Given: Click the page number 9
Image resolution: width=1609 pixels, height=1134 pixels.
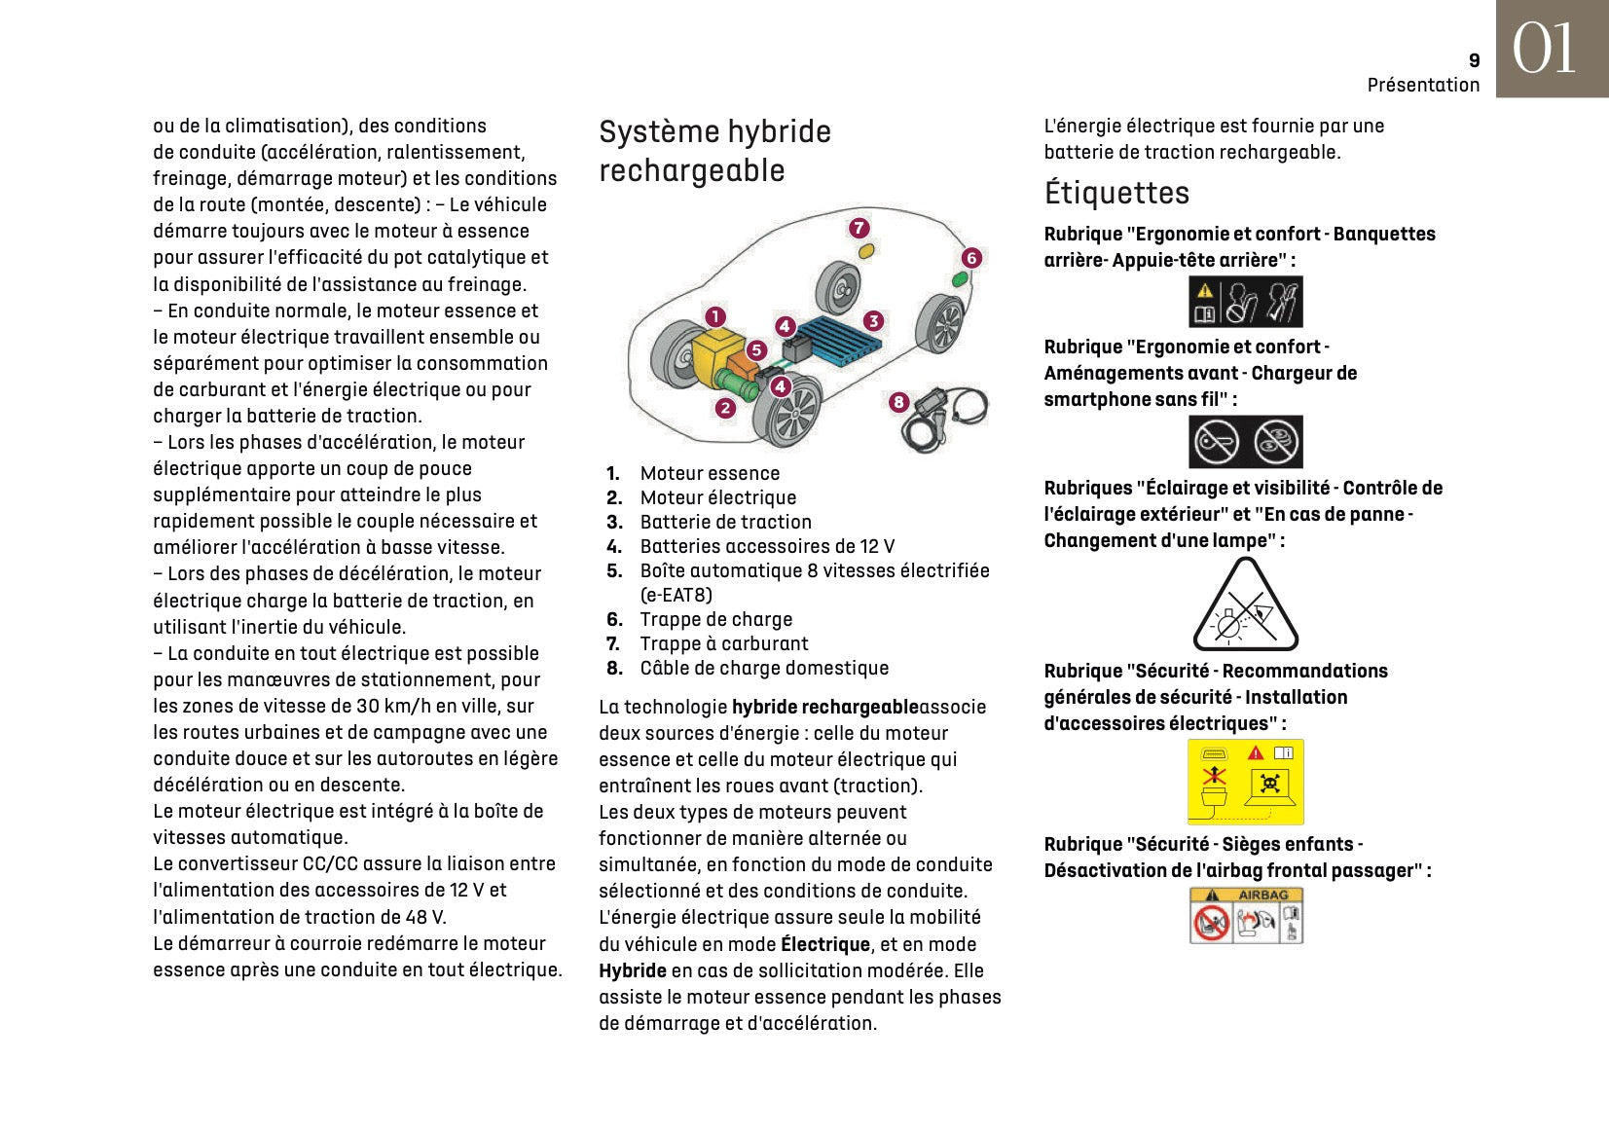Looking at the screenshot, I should [x=1474, y=60].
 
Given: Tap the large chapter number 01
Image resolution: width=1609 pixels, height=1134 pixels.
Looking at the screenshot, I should [x=1544, y=49].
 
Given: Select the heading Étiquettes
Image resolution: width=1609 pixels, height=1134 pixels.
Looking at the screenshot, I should [x=1116, y=193].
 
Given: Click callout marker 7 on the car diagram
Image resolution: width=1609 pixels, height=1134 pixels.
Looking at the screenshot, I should [x=859, y=229].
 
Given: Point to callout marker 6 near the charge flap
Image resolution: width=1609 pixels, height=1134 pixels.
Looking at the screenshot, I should [x=971, y=258].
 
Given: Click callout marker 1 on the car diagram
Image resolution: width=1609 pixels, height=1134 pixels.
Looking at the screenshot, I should [x=715, y=316].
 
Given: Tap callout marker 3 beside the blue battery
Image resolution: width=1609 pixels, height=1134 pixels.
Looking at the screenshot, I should [x=873, y=321].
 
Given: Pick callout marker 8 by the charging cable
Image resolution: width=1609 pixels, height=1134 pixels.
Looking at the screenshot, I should [x=898, y=402].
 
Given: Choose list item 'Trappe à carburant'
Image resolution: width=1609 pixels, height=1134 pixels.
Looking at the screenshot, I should [x=723, y=643].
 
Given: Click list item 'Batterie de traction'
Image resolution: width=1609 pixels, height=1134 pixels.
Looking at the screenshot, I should [x=725, y=522].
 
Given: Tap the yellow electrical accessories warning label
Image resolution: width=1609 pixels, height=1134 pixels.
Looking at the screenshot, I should [x=1245, y=782].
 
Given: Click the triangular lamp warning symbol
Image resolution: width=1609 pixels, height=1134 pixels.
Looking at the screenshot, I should [x=1245, y=606].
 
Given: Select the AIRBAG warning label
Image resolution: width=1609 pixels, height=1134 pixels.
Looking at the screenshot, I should [x=1245, y=915].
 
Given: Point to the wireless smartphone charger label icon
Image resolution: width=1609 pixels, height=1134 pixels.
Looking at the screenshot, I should [x=1245, y=442].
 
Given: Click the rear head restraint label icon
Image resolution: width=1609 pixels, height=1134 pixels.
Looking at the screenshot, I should [x=1245, y=302].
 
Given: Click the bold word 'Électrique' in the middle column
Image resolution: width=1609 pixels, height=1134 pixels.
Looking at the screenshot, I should [x=825, y=944].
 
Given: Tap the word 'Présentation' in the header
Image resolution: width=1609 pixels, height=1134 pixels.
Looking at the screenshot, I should [x=1423, y=85].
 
